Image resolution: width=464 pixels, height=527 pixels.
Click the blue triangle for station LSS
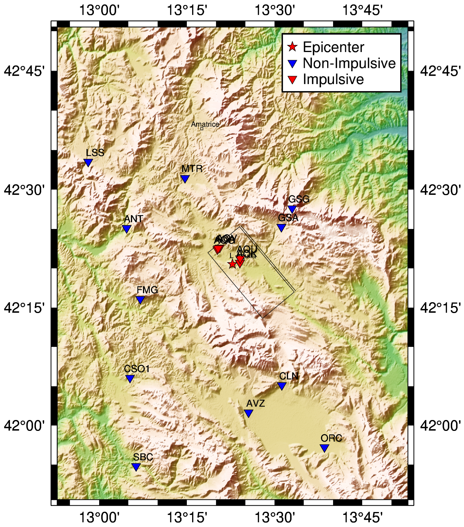[88, 162]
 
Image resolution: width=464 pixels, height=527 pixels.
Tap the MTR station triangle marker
[185, 178]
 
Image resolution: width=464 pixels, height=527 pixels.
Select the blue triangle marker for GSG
[292, 209]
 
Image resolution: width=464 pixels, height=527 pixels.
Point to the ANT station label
[134, 219]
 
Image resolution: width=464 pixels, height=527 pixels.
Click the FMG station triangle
[140, 300]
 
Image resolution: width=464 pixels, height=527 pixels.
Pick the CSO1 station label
[137, 369]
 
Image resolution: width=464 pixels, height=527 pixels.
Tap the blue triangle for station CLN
[282, 386]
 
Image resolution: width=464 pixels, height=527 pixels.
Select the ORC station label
[331, 438]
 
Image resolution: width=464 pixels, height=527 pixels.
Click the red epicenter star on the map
[232, 264]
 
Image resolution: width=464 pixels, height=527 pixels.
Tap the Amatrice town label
[205, 124]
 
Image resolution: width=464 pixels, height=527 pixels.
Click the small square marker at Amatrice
[202, 129]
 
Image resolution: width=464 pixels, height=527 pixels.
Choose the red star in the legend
[292, 47]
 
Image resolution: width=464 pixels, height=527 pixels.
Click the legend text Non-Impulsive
[349, 63]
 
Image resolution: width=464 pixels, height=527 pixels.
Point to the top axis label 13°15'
[187, 10]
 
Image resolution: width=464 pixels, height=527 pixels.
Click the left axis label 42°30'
[24, 190]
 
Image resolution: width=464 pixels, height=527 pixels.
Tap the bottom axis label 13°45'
[362, 517]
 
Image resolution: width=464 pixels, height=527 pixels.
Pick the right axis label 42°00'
[440, 425]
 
